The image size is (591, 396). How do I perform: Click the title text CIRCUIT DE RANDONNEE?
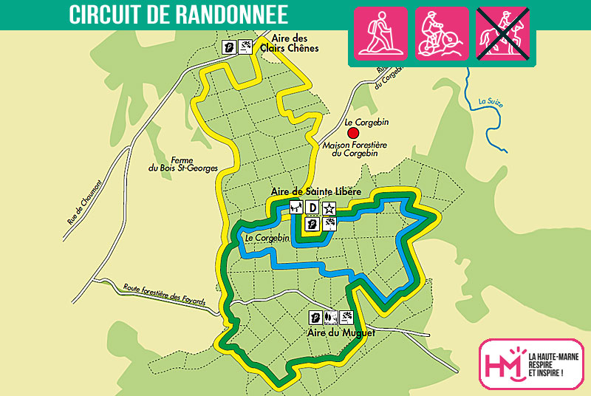pyautogui.click(x=178, y=14)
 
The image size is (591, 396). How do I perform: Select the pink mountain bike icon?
pyautogui.click(x=441, y=34)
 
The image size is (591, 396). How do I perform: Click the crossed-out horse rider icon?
pyautogui.click(x=502, y=34)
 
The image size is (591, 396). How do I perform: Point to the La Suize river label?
pyautogui.click(x=491, y=103)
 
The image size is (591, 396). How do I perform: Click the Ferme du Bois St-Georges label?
pyautogui.click(x=182, y=163)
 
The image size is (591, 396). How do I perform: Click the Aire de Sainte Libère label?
pyautogui.click(x=315, y=191)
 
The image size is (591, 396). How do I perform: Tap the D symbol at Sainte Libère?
pyautogui.click(x=312, y=208)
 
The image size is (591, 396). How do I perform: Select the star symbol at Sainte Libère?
pyautogui.click(x=329, y=208)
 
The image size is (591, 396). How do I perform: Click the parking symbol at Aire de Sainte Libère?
pyautogui.click(x=312, y=223)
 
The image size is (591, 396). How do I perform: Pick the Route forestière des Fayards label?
pyautogui.click(x=164, y=293)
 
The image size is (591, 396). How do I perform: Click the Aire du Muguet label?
pyautogui.click(x=341, y=333)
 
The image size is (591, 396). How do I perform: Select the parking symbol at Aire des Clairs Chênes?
pyautogui.click(x=230, y=47)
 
